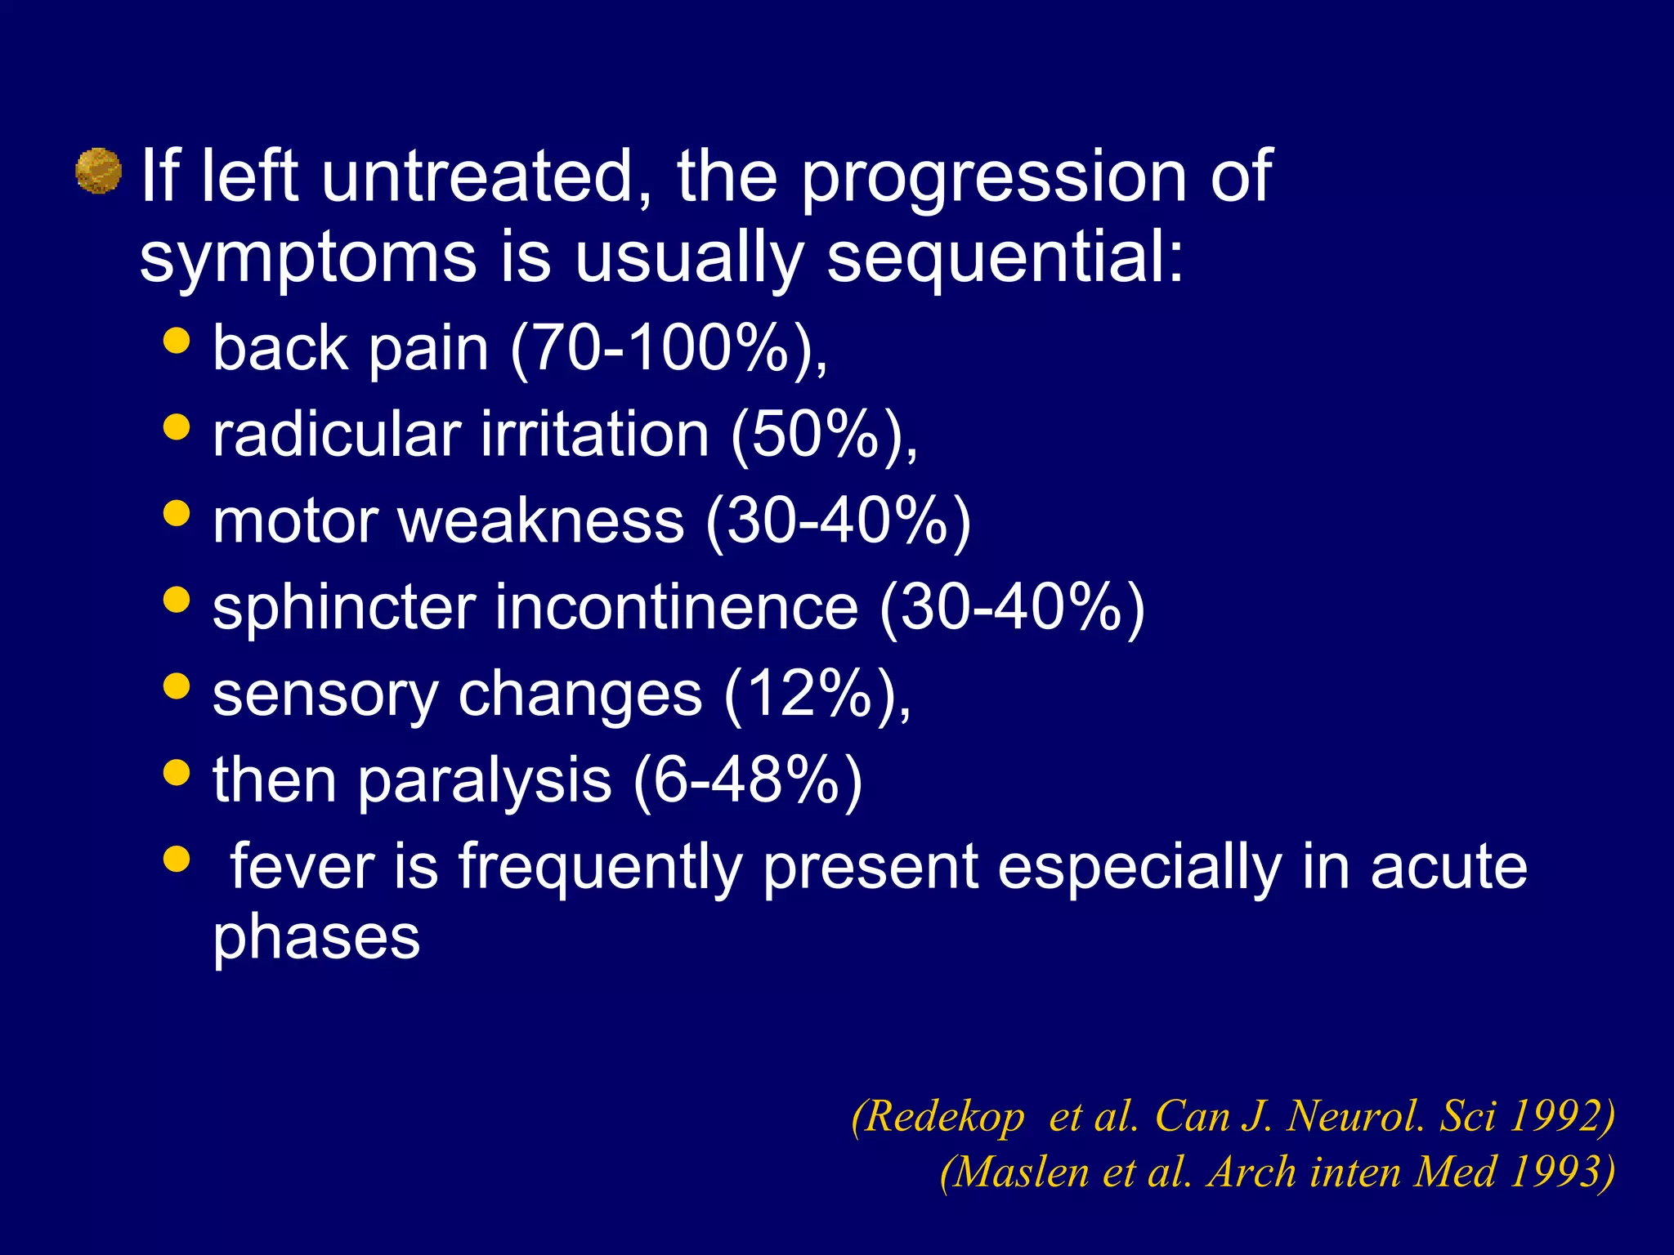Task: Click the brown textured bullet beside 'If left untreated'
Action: pos(98,171)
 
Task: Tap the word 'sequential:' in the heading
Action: pos(1005,258)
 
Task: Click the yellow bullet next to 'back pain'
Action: pos(177,340)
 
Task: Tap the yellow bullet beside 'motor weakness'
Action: pos(177,514)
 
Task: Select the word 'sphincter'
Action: pos(344,610)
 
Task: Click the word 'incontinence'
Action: pos(677,608)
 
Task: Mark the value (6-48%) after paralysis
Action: pos(747,781)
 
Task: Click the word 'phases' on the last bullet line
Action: pos(316,938)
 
